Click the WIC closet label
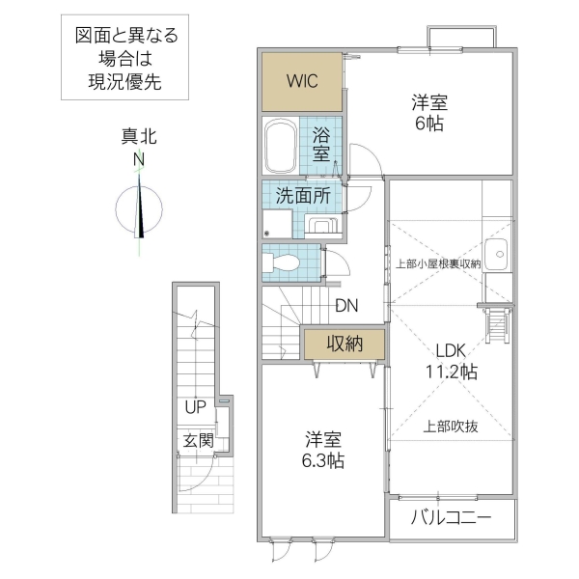click(x=302, y=80)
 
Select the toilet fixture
click(x=283, y=262)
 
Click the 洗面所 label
click(x=303, y=194)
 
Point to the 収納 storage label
click(x=343, y=343)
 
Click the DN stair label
click(x=347, y=307)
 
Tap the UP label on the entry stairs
click(x=196, y=407)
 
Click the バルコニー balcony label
click(x=452, y=518)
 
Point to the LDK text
click(x=450, y=352)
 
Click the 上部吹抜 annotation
click(x=450, y=425)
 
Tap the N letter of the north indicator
click(x=139, y=159)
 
